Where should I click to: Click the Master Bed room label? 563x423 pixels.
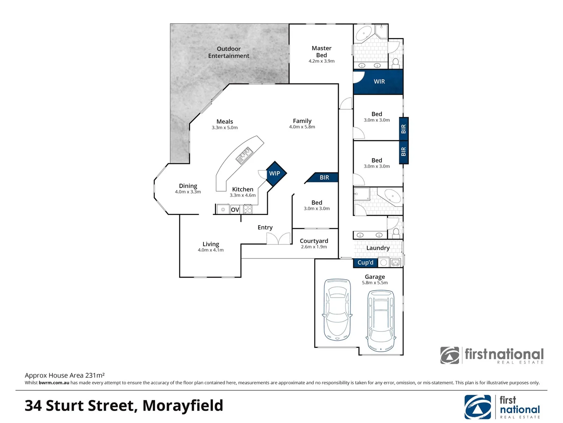(x=321, y=52)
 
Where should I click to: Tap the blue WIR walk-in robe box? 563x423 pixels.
(x=378, y=81)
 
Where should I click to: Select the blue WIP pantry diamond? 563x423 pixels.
(x=275, y=173)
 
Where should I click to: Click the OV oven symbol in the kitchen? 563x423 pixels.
(x=235, y=210)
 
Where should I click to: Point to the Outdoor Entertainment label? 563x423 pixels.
(x=228, y=52)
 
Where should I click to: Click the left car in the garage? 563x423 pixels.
(x=337, y=309)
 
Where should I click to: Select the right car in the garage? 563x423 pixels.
(x=380, y=320)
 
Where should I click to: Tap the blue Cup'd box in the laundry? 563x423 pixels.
(x=365, y=262)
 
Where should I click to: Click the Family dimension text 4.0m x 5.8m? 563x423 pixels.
(x=302, y=127)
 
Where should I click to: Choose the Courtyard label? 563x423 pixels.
(x=314, y=241)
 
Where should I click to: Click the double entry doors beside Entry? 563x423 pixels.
(x=278, y=239)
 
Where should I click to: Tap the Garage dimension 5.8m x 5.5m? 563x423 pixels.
(x=375, y=283)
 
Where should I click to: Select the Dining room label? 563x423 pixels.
(x=188, y=186)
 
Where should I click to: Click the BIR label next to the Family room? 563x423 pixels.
(x=324, y=177)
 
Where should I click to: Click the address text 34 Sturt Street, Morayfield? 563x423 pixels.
(x=124, y=405)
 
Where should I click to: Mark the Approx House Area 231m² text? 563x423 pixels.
(x=65, y=375)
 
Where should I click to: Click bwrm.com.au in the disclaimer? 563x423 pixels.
(x=54, y=383)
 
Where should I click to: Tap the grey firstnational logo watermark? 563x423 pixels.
(x=492, y=355)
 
